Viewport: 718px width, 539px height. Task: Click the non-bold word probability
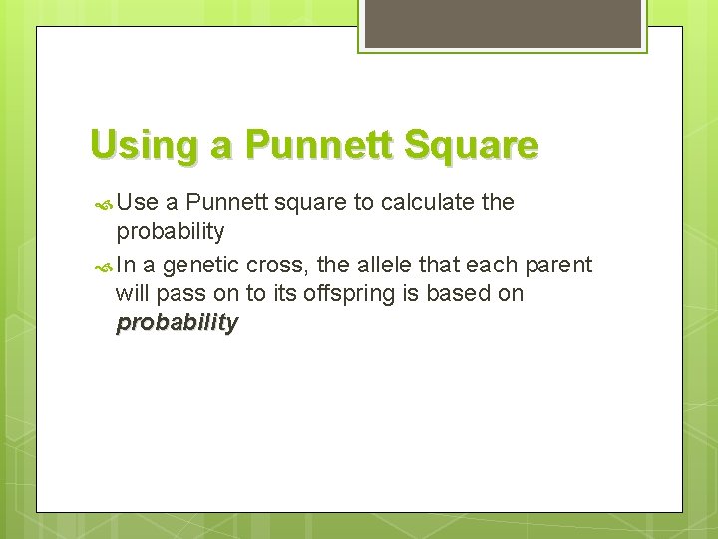171,232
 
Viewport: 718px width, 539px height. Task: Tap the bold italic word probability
178,323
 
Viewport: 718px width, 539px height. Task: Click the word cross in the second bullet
283,265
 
